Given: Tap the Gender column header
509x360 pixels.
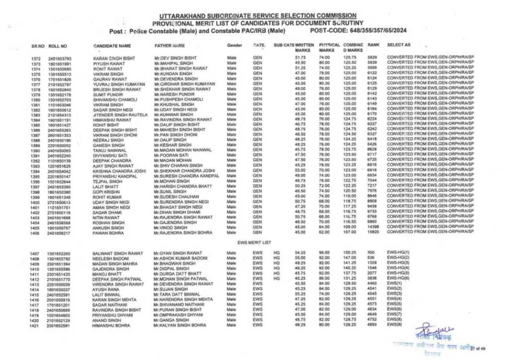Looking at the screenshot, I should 234,45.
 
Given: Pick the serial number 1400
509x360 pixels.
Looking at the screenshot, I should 34,202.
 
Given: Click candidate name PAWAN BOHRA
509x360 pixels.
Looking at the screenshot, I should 107,232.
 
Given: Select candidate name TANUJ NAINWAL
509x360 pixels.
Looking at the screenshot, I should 107,150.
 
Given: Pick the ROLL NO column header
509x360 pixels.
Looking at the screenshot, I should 58,45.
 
